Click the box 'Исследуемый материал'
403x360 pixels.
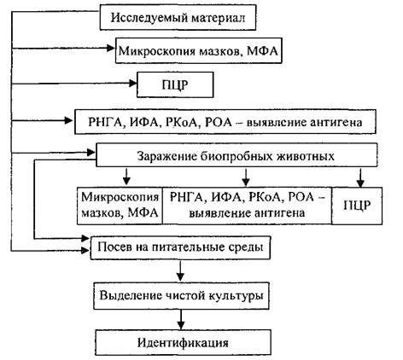pyautogui.click(x=178, y=17)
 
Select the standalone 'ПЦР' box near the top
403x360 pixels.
pyautogui.click(x=175, y=84)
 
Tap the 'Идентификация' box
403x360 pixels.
pyautogui.click(x=183, y=342)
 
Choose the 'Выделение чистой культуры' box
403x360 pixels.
pyautogui.click(x=181, y=296)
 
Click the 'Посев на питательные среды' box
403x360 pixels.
pyautogui.click(x=180, y=247)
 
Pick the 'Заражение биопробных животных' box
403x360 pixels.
pyautogui.click(x=237, y=155)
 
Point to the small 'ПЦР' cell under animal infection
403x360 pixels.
pyautogui.click(x=357, y=206)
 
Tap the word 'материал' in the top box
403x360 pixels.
pyautogui.click(x=219, y=18)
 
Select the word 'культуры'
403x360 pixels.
pyautogui.click(x=237, y=296)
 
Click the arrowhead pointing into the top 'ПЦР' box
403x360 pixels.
pyautogui.click(x=133, y=84)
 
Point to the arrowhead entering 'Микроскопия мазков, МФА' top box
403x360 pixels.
pyautogui.click(x=111, y=48)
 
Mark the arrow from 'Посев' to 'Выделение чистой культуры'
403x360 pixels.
pyautogui.click(x=180, y=270)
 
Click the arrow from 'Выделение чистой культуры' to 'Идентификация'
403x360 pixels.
pyautogui.click(x=181, y=320)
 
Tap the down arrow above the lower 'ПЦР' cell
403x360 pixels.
pyautogui.click(x=360, y=178)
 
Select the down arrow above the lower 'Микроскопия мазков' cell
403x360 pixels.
pyautogui.click(x=126, y=177)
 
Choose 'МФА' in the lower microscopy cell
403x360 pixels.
pyautogui.click(x=143, y=213)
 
